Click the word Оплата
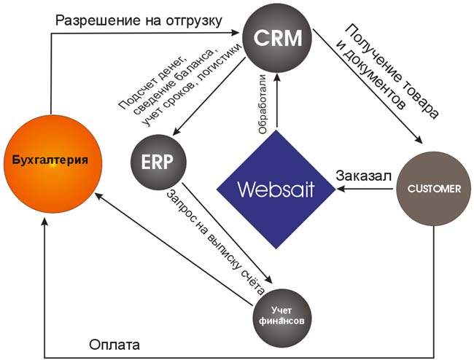pos(113,344)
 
